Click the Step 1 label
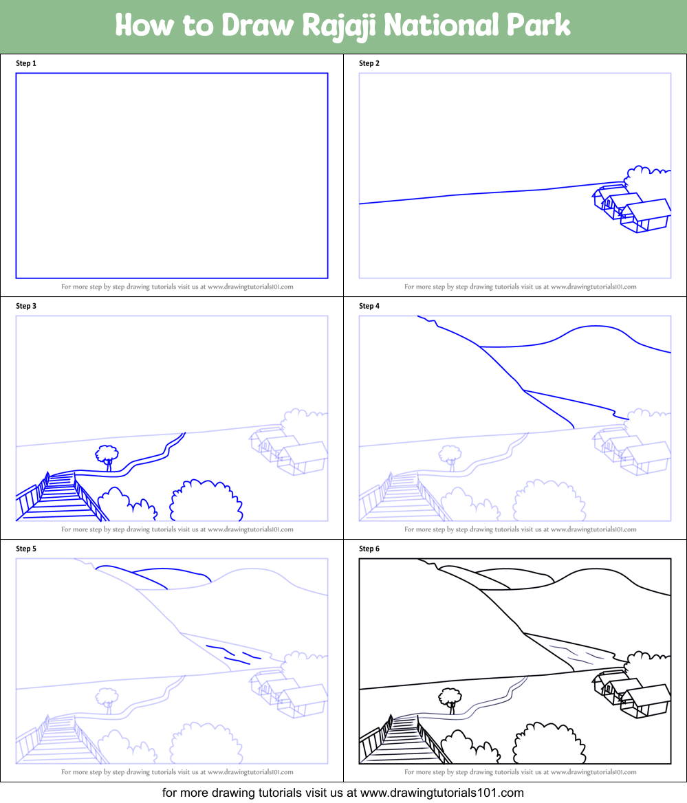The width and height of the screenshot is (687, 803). coord(26,63)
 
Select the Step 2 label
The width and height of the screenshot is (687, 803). coord(369,63)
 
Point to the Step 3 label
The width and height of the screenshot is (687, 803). coord(26,306)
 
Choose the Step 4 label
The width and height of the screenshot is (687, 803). coord(369,306)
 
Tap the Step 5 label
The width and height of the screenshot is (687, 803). coord(26,549)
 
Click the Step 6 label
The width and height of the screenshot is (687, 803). coord(369,549)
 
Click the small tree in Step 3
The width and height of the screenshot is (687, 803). coord(107,456)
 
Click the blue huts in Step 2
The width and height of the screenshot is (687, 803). coord(631,209)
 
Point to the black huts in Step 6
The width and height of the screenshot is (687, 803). coord(631,694)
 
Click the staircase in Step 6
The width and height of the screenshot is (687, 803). coord(402,740)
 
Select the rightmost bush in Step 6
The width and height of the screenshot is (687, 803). coord(547,745)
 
